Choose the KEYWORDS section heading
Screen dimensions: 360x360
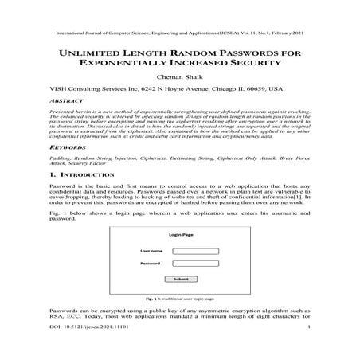tap(67, 148)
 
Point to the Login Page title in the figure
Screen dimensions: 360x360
tap(180, 236)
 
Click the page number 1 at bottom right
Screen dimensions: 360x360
tap(307, 327)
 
